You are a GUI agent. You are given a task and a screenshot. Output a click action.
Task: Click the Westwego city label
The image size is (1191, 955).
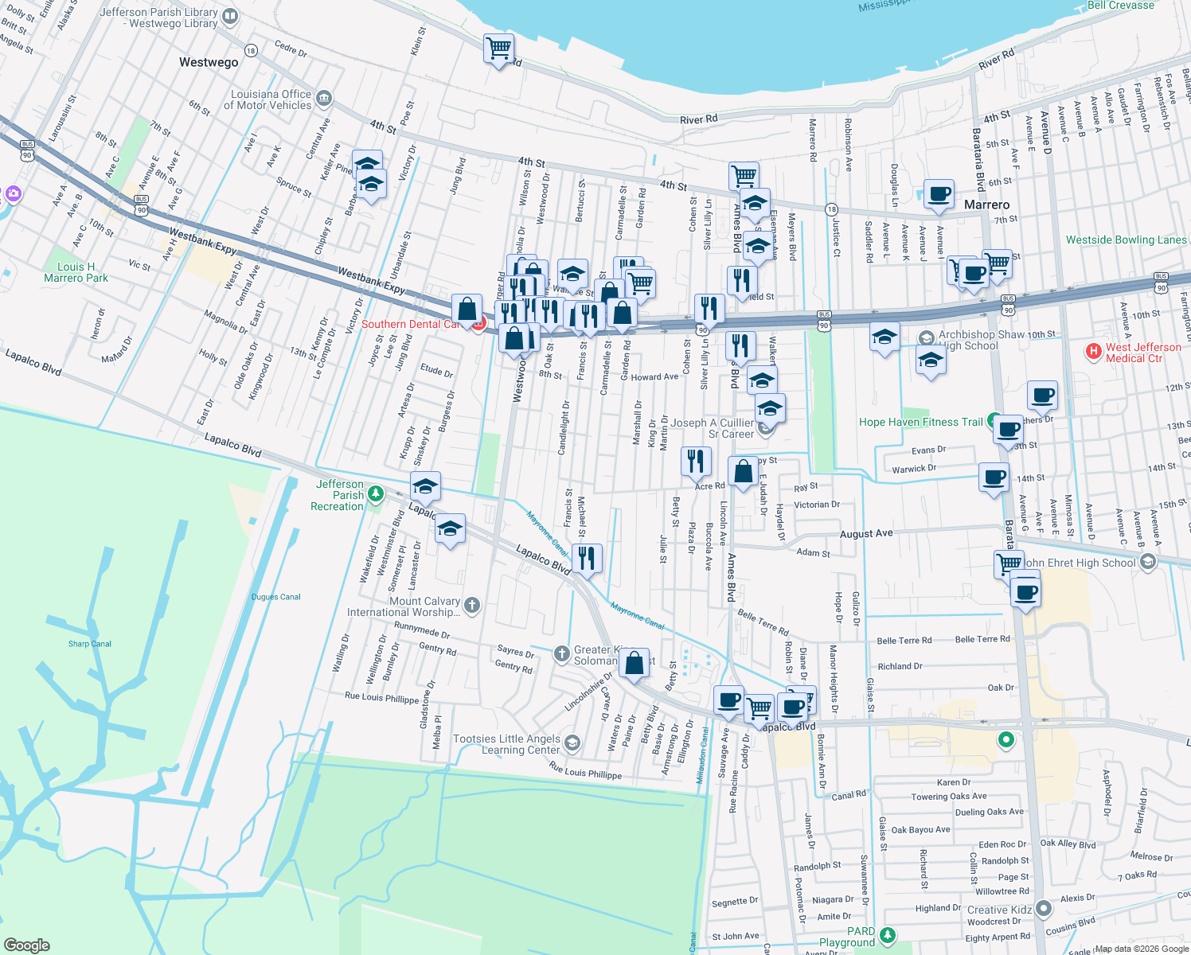(209, 62)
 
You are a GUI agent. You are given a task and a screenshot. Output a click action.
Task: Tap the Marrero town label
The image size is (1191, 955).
(986, 205)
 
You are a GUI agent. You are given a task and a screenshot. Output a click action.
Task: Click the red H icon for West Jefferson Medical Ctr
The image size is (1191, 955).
(1094, 350)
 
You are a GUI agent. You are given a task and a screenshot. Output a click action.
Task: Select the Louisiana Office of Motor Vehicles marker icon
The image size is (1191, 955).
(323, 99)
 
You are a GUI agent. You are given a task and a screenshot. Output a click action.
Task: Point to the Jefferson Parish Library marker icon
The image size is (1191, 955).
(230, 16)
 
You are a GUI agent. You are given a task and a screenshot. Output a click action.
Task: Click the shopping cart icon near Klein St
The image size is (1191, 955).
(498, 49)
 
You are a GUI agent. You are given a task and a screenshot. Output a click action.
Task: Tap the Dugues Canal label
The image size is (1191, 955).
(276, 597)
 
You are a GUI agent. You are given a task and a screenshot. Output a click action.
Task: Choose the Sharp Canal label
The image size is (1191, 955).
(90, 644)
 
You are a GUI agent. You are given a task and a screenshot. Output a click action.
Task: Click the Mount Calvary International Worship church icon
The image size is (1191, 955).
(471, 606)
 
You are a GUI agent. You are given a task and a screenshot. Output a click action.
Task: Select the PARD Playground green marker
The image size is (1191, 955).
(888, 935)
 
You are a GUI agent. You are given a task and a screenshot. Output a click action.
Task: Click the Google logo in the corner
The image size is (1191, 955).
(27, 945)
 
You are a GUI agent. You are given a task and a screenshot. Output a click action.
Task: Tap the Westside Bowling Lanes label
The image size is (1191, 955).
(1126, 240)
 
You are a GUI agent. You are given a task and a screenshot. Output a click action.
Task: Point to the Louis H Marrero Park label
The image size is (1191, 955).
(76, 272)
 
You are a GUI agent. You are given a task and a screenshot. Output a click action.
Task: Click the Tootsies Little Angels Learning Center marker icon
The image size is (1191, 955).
(572, 743)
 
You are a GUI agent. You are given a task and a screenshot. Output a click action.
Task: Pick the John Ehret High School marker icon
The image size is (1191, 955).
(1147, 562)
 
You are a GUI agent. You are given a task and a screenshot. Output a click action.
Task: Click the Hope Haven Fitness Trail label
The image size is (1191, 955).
(920, 422)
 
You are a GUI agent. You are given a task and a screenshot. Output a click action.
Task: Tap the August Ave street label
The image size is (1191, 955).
(866, 534)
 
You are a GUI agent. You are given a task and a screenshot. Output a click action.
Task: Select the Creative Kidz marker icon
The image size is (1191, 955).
(1045, 908)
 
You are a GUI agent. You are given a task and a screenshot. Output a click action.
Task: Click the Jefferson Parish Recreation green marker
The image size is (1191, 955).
(376, 494)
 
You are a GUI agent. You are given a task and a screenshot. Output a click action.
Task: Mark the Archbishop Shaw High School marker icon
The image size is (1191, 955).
(926, 337)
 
